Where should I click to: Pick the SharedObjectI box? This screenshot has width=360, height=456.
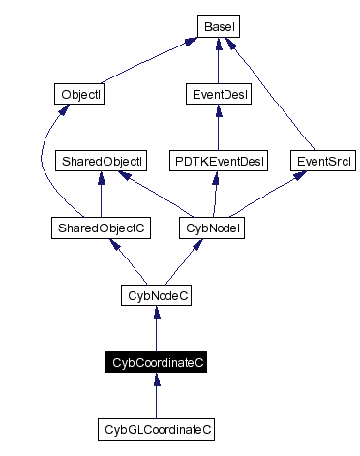102,161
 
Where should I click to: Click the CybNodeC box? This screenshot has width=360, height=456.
156,294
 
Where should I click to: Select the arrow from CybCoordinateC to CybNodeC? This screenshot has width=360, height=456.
156,328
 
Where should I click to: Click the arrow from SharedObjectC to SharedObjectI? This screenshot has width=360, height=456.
102,195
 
